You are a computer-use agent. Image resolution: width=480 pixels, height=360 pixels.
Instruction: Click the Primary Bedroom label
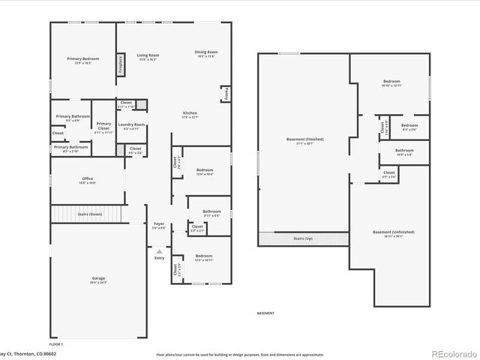pyautogui.click(x=82, y=60)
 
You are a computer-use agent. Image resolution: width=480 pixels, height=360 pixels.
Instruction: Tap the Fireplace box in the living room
pyautogui.click(x=120, y=64)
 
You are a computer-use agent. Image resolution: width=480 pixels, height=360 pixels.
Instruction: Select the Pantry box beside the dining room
pyautogui.click(x=225, y=94)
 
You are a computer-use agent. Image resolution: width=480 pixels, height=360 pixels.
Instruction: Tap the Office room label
pyautogui.click(x=88, y=180)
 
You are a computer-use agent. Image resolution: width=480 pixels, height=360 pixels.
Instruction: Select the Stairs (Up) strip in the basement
pyautogui.click(x=304, y=238)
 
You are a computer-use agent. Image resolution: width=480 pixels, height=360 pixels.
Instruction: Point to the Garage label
pyautogui.click(x=98, y=280)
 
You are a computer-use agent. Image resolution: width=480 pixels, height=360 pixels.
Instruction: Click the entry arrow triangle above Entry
pyautogui.click(x=159, y=250)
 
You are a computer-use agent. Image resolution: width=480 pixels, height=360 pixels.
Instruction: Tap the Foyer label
pyautogui.click(x=159, y=225)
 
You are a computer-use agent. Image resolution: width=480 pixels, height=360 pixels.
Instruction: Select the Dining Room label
pyautogui.click(x=206, y=53)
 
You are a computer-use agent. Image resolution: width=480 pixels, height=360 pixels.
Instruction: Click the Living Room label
pyautogui.click(x=148, y=56)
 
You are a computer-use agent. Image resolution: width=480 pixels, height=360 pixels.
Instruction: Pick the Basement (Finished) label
pyautogui.click(x=304, y=141)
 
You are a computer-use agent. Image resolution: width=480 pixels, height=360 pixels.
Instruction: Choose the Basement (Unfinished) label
pyautogui.click(x=393, y=233)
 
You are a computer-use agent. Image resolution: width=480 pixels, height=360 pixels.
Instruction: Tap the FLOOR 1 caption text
pyautogui.click(x=56, y=343)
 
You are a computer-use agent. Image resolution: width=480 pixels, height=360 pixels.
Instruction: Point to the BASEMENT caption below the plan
pyautogui.click(x=265, y=313)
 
